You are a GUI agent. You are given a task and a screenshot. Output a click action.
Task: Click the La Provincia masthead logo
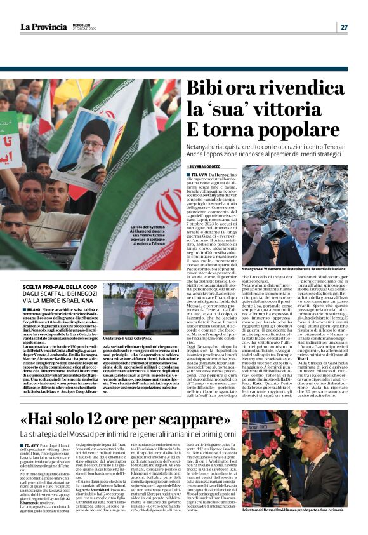click(x=43, y=27)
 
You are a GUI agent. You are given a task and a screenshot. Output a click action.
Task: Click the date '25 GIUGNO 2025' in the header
click(x=81, y=29)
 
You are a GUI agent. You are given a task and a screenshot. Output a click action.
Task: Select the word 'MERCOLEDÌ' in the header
click(x=78, y=25)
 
